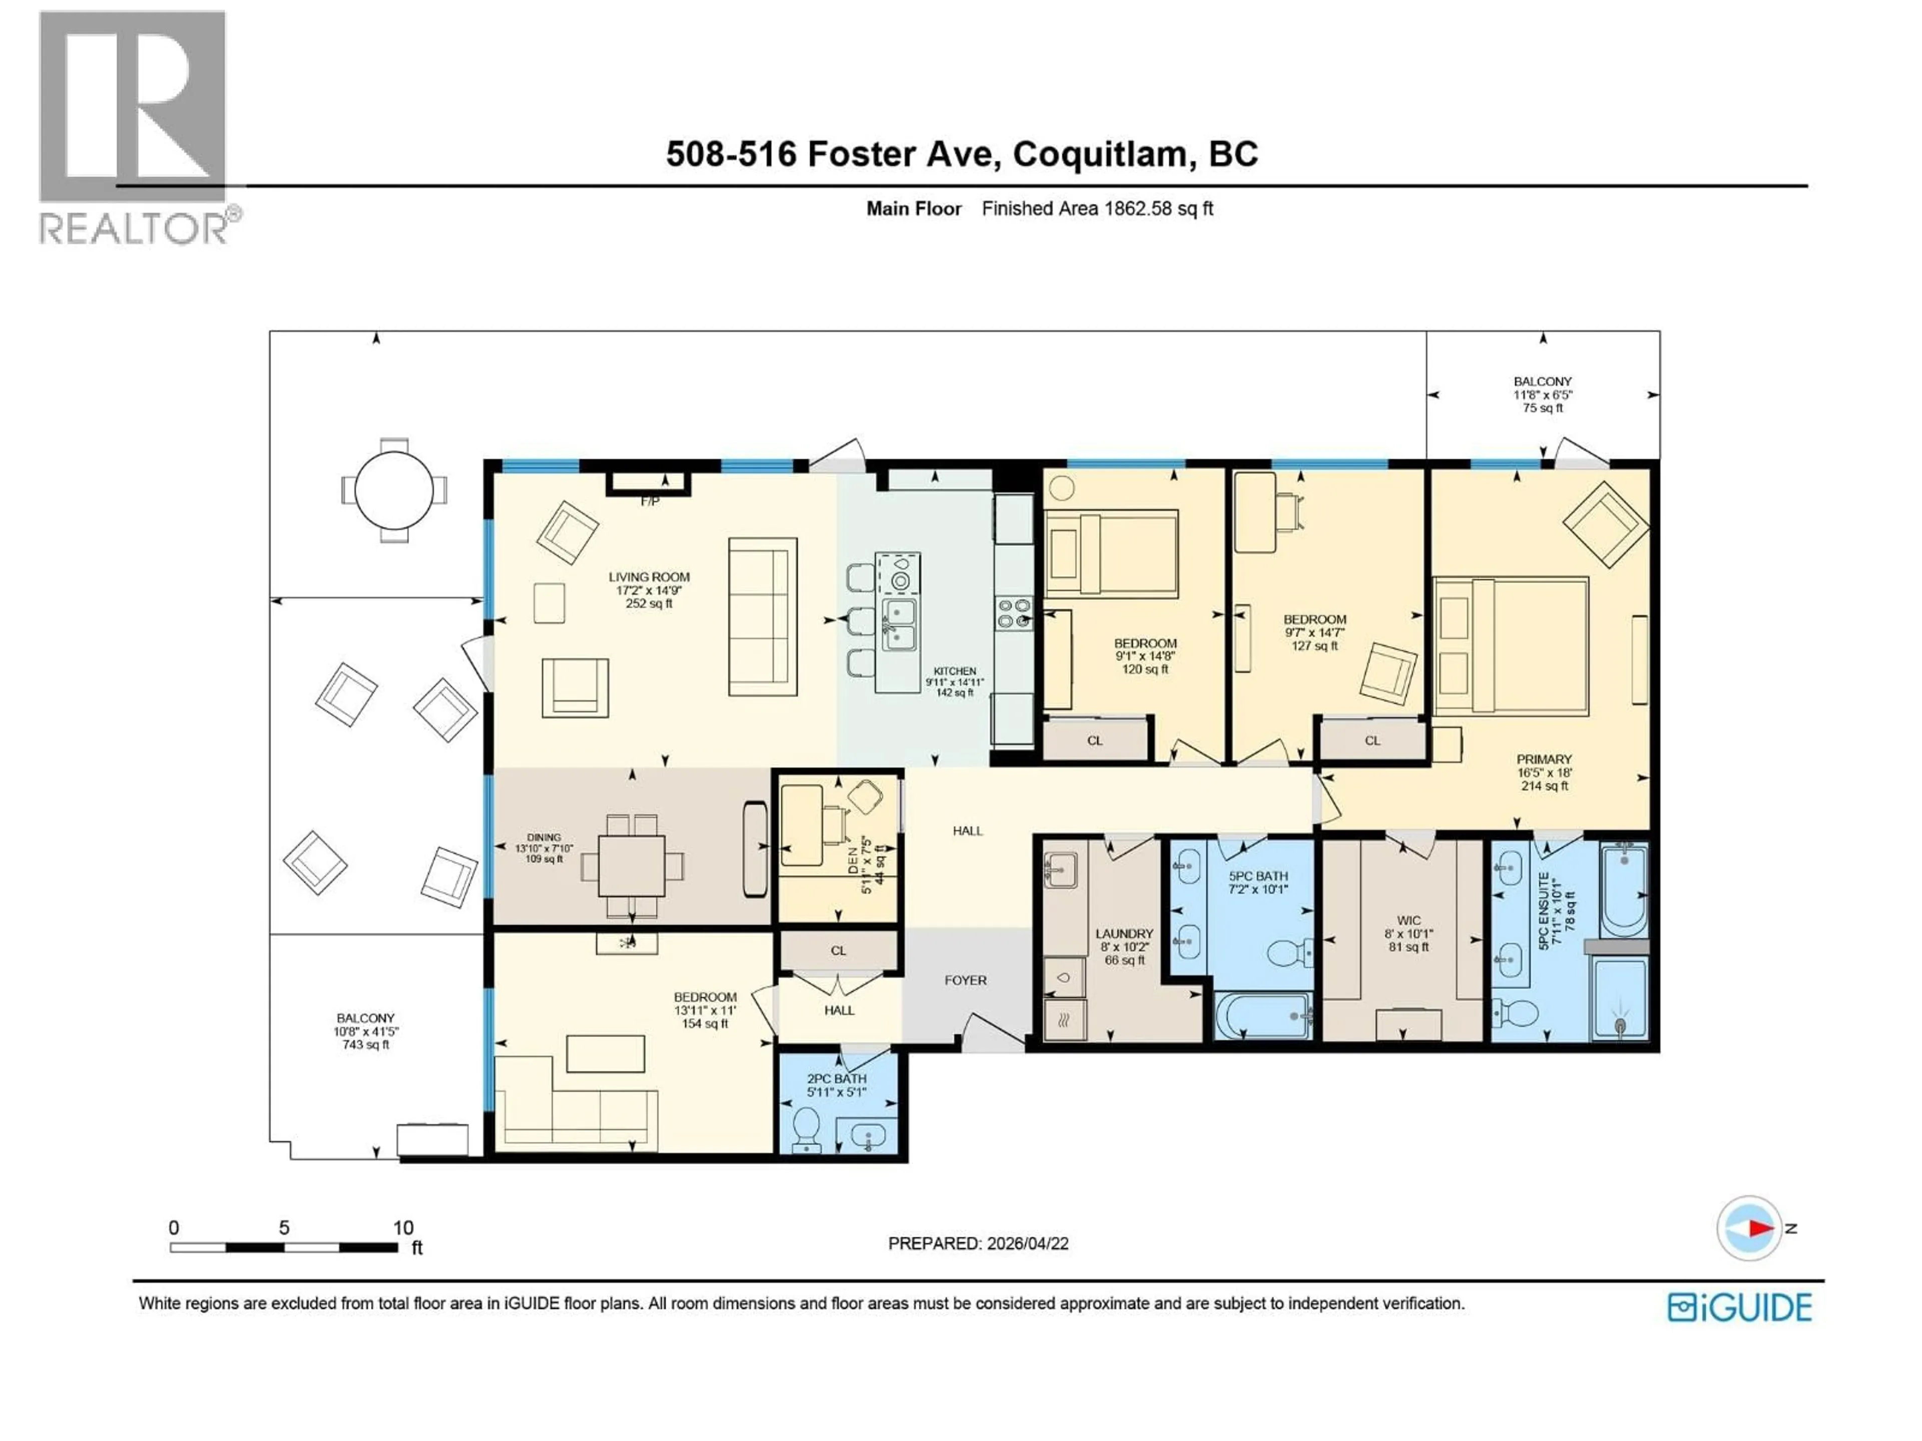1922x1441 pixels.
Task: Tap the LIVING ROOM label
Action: [x=649, y=577]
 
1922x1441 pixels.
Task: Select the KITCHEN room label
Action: [x=955, y=671]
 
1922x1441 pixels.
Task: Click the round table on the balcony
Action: [x=393, y=490]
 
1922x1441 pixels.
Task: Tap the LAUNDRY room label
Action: [x=1124, y=934]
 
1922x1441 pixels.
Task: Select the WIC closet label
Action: [x=1408, y=921]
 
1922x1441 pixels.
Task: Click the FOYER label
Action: [x=966, y=981]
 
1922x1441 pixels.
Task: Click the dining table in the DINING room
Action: [x=632, y=865]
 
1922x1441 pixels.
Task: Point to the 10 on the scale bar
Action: [x=403, y=1227]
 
